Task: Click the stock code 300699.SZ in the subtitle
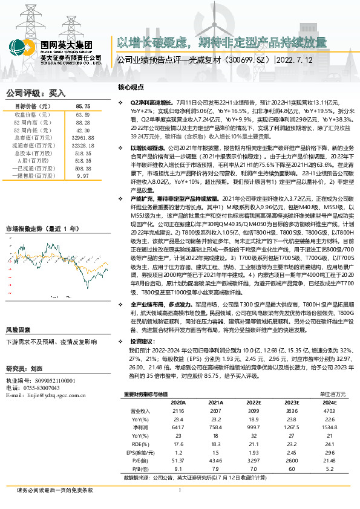point(246,60)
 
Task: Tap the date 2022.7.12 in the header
point(298,60)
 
